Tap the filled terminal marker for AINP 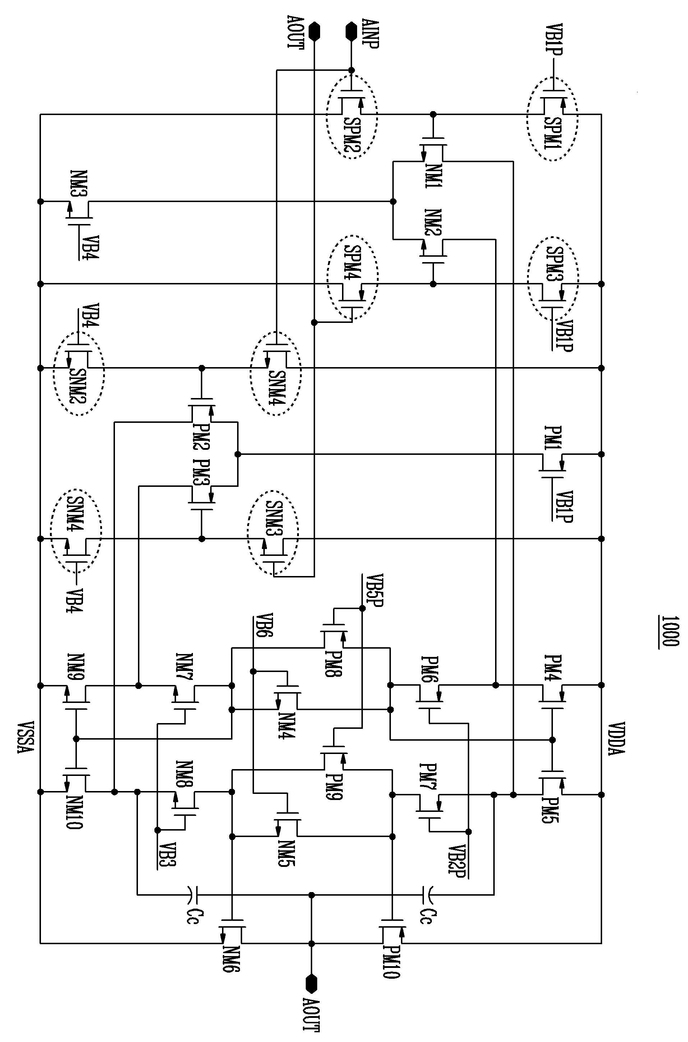click(x=351, y=31)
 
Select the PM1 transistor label click(x=551, y=438)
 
